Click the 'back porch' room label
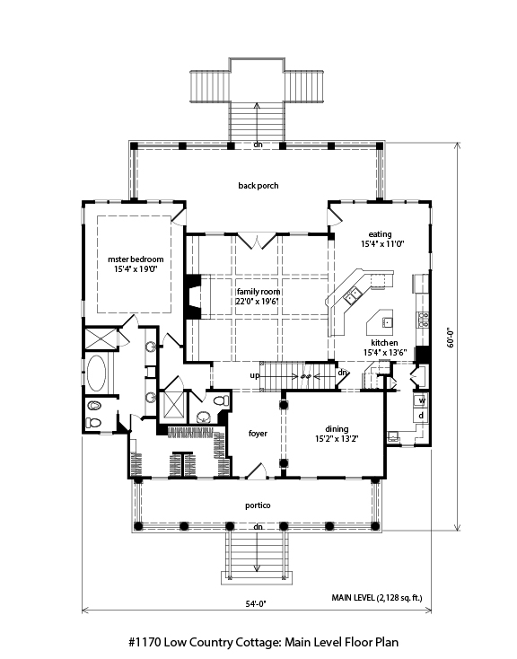coord(258,186)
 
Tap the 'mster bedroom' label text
coord(136,259)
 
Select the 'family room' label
coord(258,292)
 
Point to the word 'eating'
coord(380,234)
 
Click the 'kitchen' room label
coord(384,343)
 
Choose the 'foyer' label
coord(258,434)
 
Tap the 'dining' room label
coord(337,429)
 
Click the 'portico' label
coord(258,505)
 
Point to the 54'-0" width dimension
coord(256,604)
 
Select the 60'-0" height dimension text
coord(451,338)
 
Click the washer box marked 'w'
coord(422,400)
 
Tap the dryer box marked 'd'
coord(422,416)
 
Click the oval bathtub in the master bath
coord(96,373)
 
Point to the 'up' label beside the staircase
coord(255,375)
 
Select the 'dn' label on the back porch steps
coord(258,145)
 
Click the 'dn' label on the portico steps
coord(258,527)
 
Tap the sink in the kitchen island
coord(387,322)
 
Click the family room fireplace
coord(193,296)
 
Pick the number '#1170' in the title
coord(145,642)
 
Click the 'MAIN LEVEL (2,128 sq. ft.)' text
coord(377,598)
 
